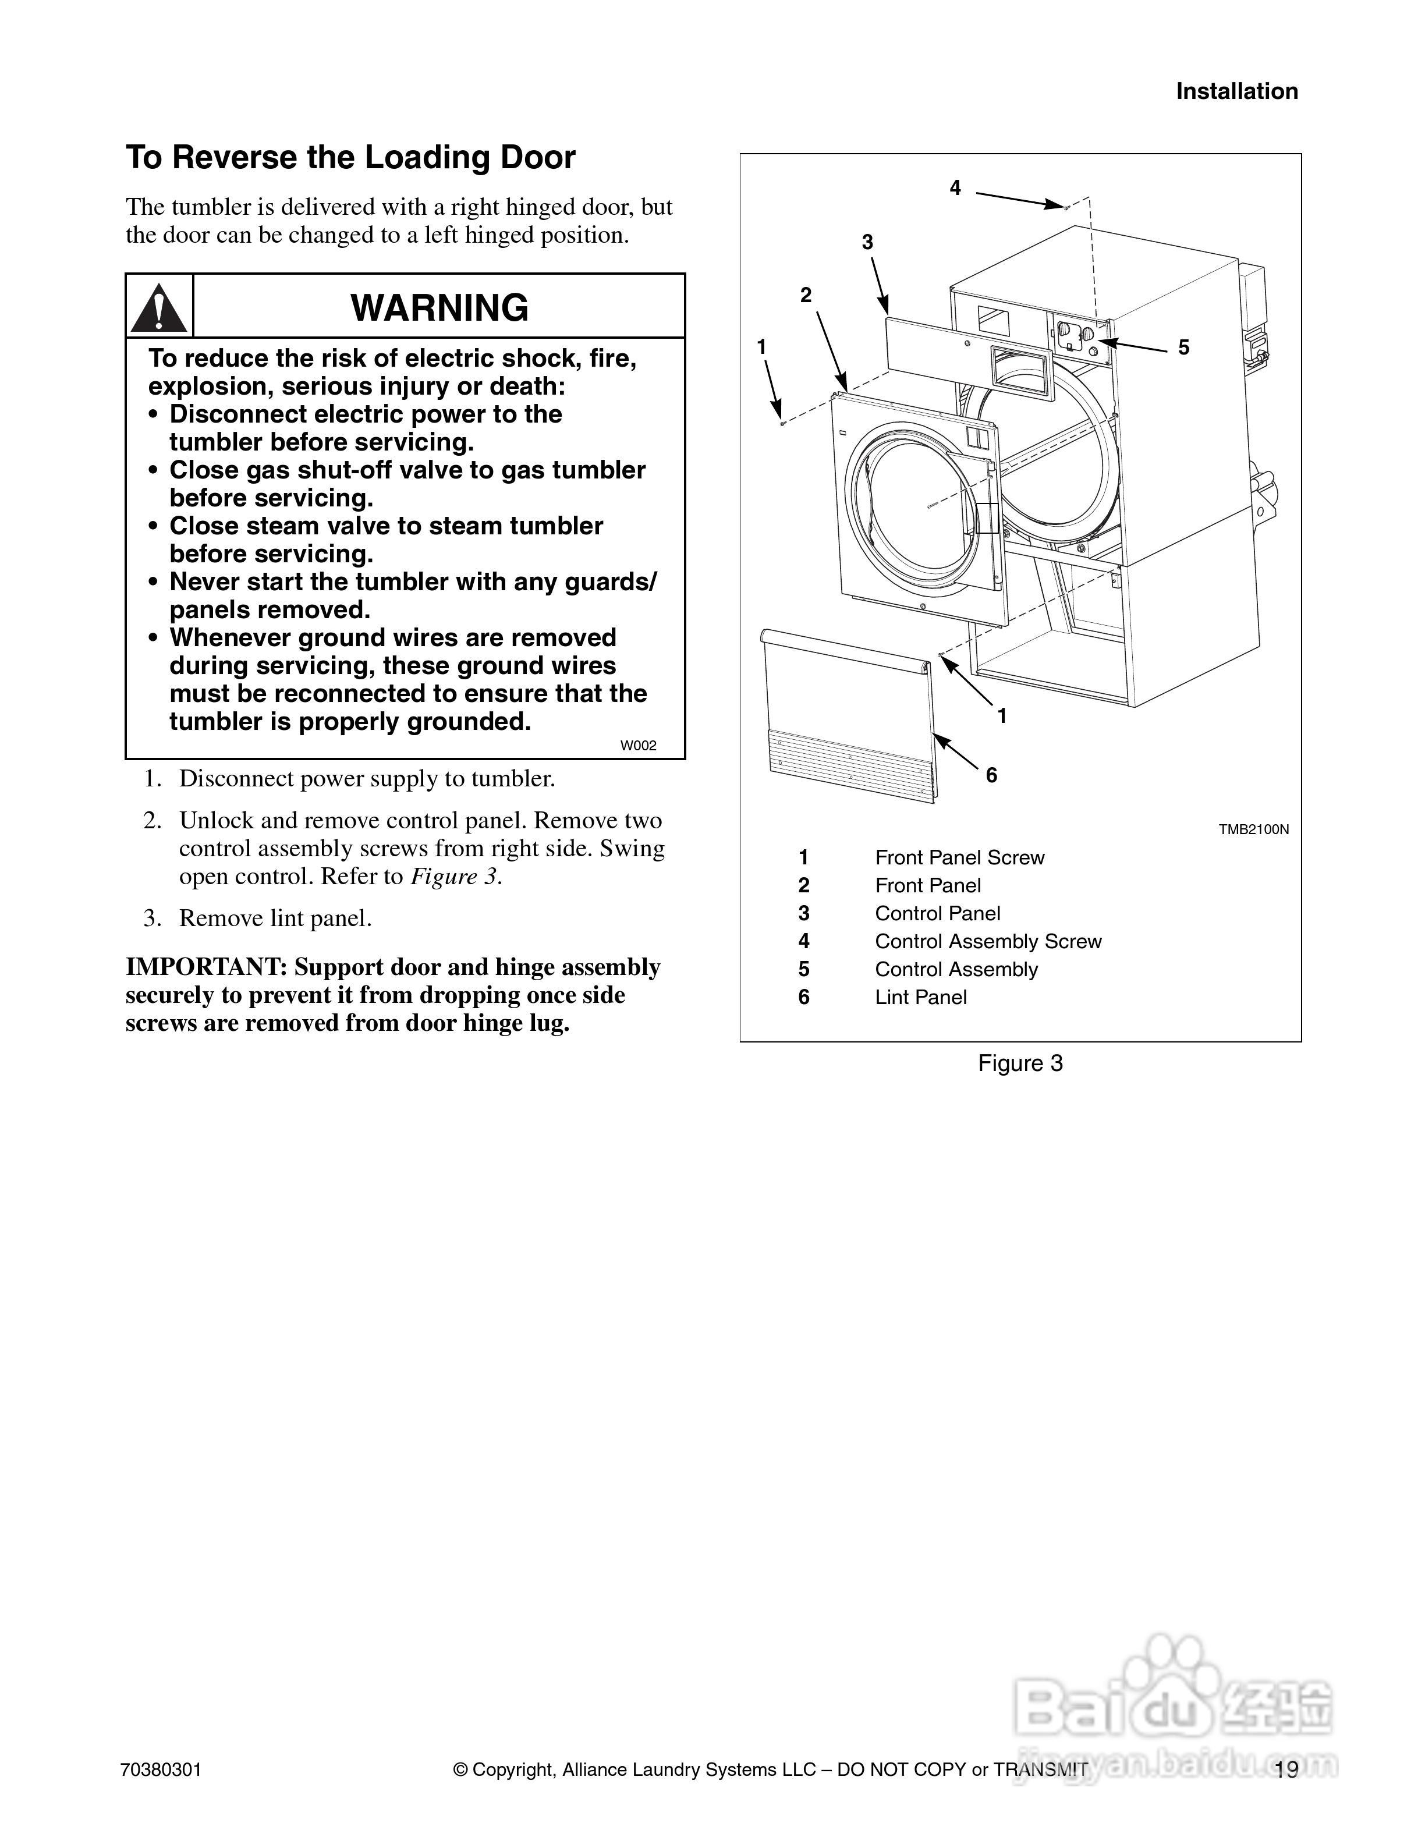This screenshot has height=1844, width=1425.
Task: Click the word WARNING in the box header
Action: [x=439, y=307]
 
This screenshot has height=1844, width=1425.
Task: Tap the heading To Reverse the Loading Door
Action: [x=350, y=158]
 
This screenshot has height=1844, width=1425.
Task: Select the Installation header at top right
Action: [x=1237, y=91]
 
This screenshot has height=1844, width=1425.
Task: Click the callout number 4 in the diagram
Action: [x=955, y=187]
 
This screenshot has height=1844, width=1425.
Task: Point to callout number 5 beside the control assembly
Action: [x=1183, y=347]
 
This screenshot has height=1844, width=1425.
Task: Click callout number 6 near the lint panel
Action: [x=991, y=775]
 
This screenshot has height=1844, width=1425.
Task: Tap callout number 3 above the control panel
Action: [x=867, y=242]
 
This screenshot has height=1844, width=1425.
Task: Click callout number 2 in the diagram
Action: [x=806, y=295]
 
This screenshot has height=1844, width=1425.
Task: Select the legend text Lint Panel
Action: [x=920, y=997]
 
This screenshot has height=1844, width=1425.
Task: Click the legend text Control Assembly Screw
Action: [x=988, y=941]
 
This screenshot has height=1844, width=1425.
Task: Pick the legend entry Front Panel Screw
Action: [x=959, y=858]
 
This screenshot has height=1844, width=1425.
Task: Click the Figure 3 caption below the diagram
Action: [x=1020, y=1063]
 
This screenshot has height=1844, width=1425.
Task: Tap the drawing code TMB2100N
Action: [x=1253, y=829]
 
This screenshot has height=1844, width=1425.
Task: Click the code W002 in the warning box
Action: [x=638, y=746]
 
